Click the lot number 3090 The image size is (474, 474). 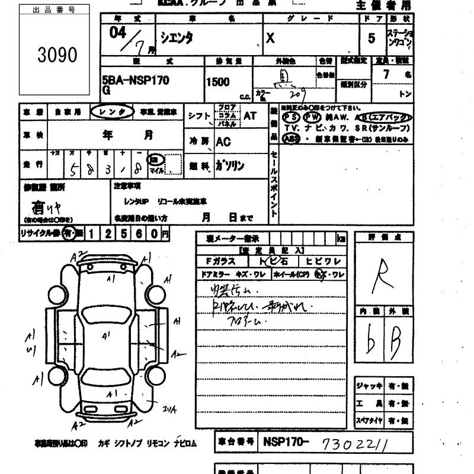tap(57, 55)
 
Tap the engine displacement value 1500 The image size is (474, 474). tap(217, 82)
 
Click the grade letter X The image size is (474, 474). tap(270, 38)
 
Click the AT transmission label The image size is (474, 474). tap(250, 116)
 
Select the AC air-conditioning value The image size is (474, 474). tap(223, 142)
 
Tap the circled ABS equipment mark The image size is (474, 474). tap(292, 138)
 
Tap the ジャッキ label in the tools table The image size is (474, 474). tap(369, 386)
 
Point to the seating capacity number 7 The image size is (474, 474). tap(386, 75)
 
